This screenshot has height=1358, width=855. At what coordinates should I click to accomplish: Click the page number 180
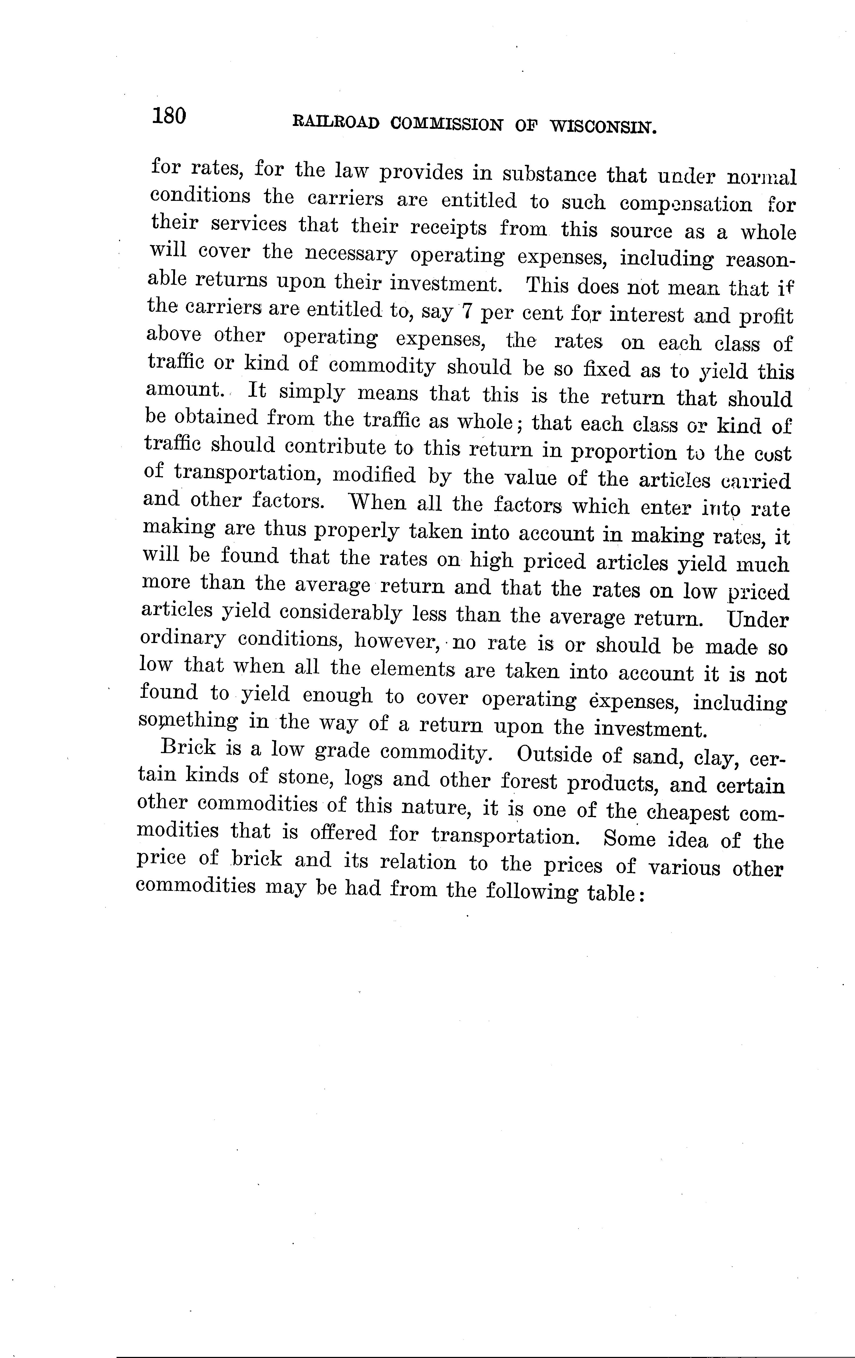click(168, 116)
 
